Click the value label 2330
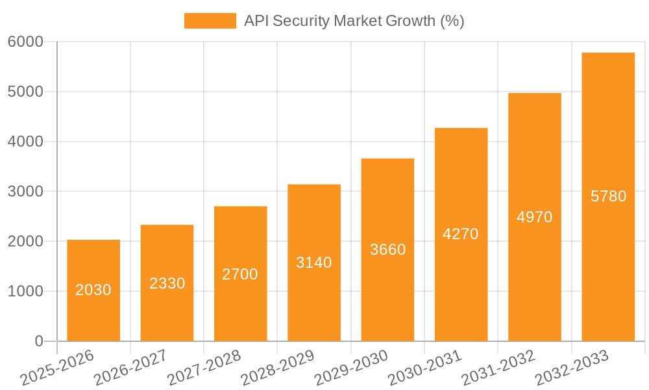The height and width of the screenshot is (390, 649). pos(167,283)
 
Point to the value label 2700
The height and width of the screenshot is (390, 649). pos(240,274)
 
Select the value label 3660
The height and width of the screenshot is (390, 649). pos(387,250)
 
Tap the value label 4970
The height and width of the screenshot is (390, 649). pos(534,217)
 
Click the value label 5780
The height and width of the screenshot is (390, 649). pos(608,196)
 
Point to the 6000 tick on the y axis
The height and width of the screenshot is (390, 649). pos(25,42)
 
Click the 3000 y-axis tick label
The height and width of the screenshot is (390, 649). pos(25,192)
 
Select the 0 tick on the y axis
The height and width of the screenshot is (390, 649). pos(39,341)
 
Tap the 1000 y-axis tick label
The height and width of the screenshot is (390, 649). pos(25,291)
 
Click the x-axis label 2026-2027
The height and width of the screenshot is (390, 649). pos(130,367)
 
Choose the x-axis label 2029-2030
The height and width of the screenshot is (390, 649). pos(351,367)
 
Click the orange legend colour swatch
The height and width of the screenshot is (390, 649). pos(210,21)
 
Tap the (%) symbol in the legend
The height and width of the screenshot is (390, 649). pos(452,21)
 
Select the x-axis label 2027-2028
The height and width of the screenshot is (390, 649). pos(204,367)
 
